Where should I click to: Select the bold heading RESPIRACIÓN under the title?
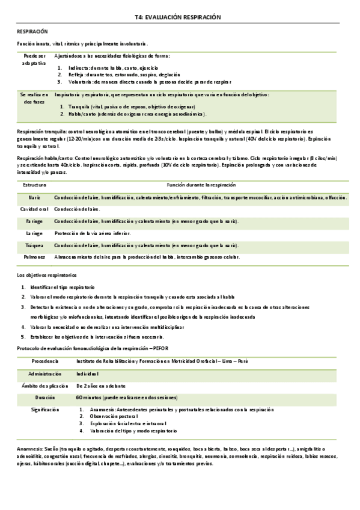32,31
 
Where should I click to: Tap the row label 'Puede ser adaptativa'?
34,59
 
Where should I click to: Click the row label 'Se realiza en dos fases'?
34,98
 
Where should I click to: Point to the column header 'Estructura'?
34,185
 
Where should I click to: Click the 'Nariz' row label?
34,197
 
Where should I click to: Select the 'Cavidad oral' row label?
34,209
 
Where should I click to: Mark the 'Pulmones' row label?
34,257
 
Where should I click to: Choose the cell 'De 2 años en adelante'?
100,386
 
